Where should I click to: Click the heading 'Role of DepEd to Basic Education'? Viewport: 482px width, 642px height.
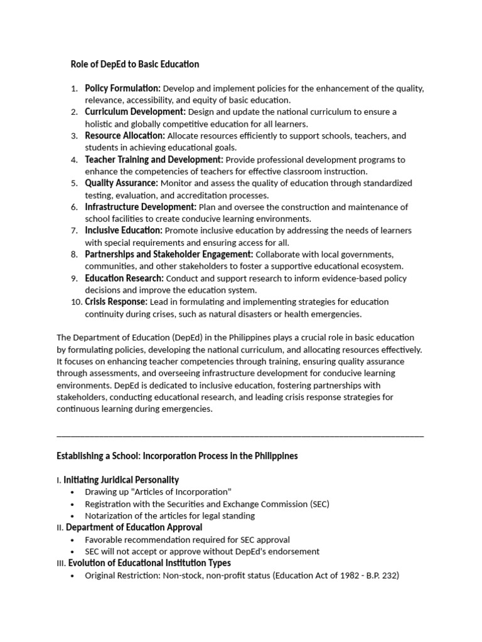pos(134,64)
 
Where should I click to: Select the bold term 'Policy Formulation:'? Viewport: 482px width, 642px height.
pos(123,88)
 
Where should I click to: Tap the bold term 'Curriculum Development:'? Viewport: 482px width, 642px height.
pos(135,112)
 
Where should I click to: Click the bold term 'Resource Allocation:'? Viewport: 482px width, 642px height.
pos(125,135)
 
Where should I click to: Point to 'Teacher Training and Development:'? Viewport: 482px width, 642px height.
pos(154,159)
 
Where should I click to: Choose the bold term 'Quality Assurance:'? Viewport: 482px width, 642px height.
pos(122,183)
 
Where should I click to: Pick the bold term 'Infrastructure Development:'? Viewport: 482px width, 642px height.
pos(141,207)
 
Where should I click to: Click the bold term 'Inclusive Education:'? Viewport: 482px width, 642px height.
pos(124,231)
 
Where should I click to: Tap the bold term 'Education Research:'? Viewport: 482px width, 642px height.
pos(124,278)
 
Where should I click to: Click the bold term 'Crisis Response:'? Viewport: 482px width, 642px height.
pos(116,302)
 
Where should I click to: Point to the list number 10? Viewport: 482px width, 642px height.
pos(76,302)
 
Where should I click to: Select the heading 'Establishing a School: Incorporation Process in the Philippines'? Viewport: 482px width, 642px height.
pos(177,456)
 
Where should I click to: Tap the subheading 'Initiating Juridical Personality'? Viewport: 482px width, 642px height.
pos(121,480)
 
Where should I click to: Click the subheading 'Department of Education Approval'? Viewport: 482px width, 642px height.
pos(134,527)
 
